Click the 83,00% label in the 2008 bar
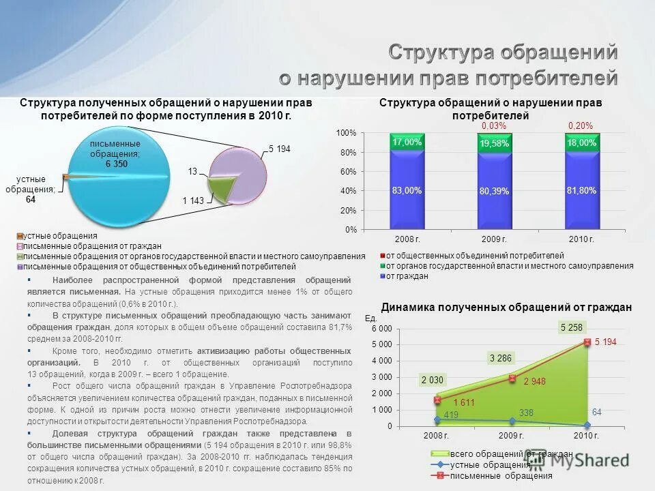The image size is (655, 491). pyautogui.click(x=407, y=191)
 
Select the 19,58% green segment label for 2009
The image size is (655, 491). pyautogui.click(x=494, y=144)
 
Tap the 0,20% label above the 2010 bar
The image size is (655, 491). pyautogui.click(x=581, y=126)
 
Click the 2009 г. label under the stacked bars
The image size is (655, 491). pyautogui.click(x=494, y=239)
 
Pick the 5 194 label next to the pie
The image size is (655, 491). pyautogui.click(x=280, y=149)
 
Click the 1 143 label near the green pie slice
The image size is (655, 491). pyautogui.click(x=193, y=200)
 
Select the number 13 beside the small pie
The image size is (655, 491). pyautogui.click(x=192, y=171)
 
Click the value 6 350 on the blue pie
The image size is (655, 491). pyautogui.click(x=116, y=164)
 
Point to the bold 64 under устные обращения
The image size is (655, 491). pyautogui.click(x=31, y=199)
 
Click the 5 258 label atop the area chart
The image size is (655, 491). pyautogui.click(x=572, y=327)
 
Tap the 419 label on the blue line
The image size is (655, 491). pyautogui.click(x=431, y=414)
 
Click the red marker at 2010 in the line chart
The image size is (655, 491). pyautogui.click(x=587, y=342)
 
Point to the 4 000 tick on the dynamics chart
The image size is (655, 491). pyautogui.click(x=382, y=361)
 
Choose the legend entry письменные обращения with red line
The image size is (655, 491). pyautogui.click(x=501, y=475)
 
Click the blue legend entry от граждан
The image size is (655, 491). pyautogui.click(x=407, y=276)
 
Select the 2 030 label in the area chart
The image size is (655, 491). pyautogui.click(x=433, y=381)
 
